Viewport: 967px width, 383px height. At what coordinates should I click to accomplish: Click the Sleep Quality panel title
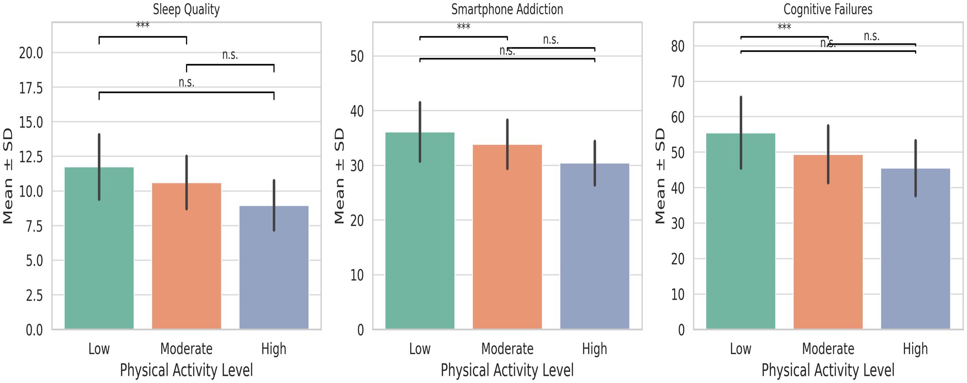pos(186,10)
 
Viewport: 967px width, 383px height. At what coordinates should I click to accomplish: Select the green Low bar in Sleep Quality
pos(99,254)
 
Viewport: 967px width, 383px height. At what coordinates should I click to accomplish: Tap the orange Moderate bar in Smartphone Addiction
pos(507,244)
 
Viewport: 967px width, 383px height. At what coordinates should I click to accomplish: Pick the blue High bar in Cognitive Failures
pos(915,254)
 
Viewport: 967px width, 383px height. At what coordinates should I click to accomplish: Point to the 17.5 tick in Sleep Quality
pos(31,88)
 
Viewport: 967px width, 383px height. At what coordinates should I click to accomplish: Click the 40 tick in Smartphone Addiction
pos(357,111)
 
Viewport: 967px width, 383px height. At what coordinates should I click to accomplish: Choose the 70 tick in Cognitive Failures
pos(678,81)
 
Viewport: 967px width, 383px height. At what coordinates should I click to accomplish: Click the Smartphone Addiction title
pos(507,10)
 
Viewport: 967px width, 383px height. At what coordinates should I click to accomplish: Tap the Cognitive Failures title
pos(828,10)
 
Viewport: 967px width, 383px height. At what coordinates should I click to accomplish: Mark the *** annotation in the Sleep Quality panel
pos(143,25)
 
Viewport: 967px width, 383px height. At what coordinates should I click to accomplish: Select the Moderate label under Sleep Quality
pos(186,349)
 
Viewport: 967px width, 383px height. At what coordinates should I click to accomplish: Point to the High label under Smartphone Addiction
pos(594,349)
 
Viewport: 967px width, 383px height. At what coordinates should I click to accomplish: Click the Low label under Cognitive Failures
pos(740,349)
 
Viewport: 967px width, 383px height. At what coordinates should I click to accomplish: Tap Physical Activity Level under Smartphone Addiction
pos(507,370)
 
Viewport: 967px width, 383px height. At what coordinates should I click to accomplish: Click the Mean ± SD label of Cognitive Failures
pos(660,176)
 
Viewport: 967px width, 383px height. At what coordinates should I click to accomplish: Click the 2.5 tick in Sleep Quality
pos(34,295)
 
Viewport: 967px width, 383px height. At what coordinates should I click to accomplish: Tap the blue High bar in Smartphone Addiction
pos(594,254)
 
